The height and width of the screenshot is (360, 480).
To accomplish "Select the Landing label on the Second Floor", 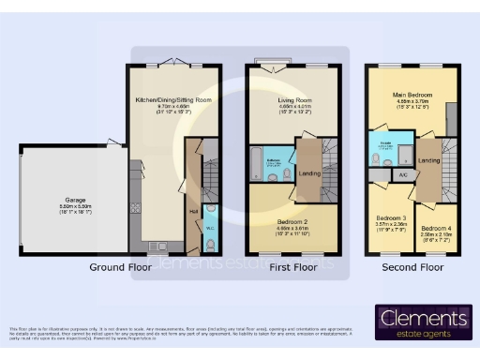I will [429, 160].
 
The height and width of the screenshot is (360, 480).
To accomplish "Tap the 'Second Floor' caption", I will [412, 268].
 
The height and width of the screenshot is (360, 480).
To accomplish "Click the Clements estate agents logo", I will [423, 321].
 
